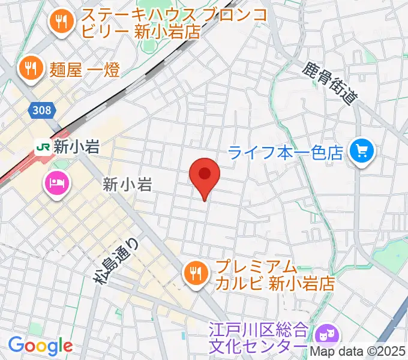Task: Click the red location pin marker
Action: click(x=205, y=176)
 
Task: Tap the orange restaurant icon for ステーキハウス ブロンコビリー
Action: click(x=61, y=22)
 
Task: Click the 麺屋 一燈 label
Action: click(x=86, y=70)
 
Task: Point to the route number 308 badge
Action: click(x=41, y=110)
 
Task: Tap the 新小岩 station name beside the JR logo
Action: click(x=76, y=147)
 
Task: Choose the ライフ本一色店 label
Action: click(x=286, y=153)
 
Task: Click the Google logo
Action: click(x=40, y=345)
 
